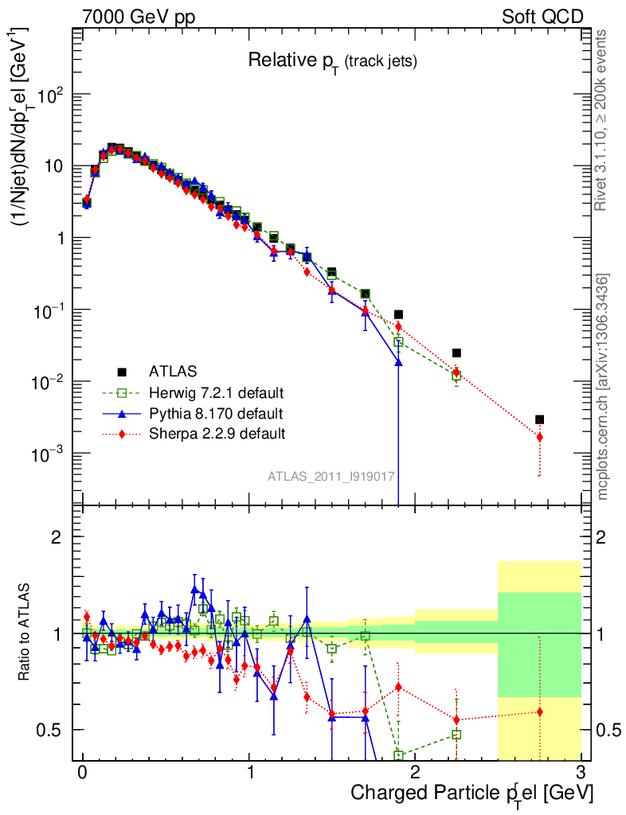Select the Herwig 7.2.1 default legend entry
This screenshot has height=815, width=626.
217,392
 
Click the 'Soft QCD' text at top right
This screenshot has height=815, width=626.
542,17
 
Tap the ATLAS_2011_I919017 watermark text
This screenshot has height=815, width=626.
331,476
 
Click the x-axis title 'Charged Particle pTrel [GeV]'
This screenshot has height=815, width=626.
471,793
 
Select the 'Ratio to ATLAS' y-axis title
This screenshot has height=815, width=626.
25,632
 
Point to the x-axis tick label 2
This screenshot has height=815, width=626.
415,773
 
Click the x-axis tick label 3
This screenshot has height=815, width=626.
581,773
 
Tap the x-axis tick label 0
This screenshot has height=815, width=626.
82,773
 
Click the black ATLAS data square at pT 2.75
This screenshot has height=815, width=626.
539,419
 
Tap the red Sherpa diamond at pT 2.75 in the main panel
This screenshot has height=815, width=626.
539,437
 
